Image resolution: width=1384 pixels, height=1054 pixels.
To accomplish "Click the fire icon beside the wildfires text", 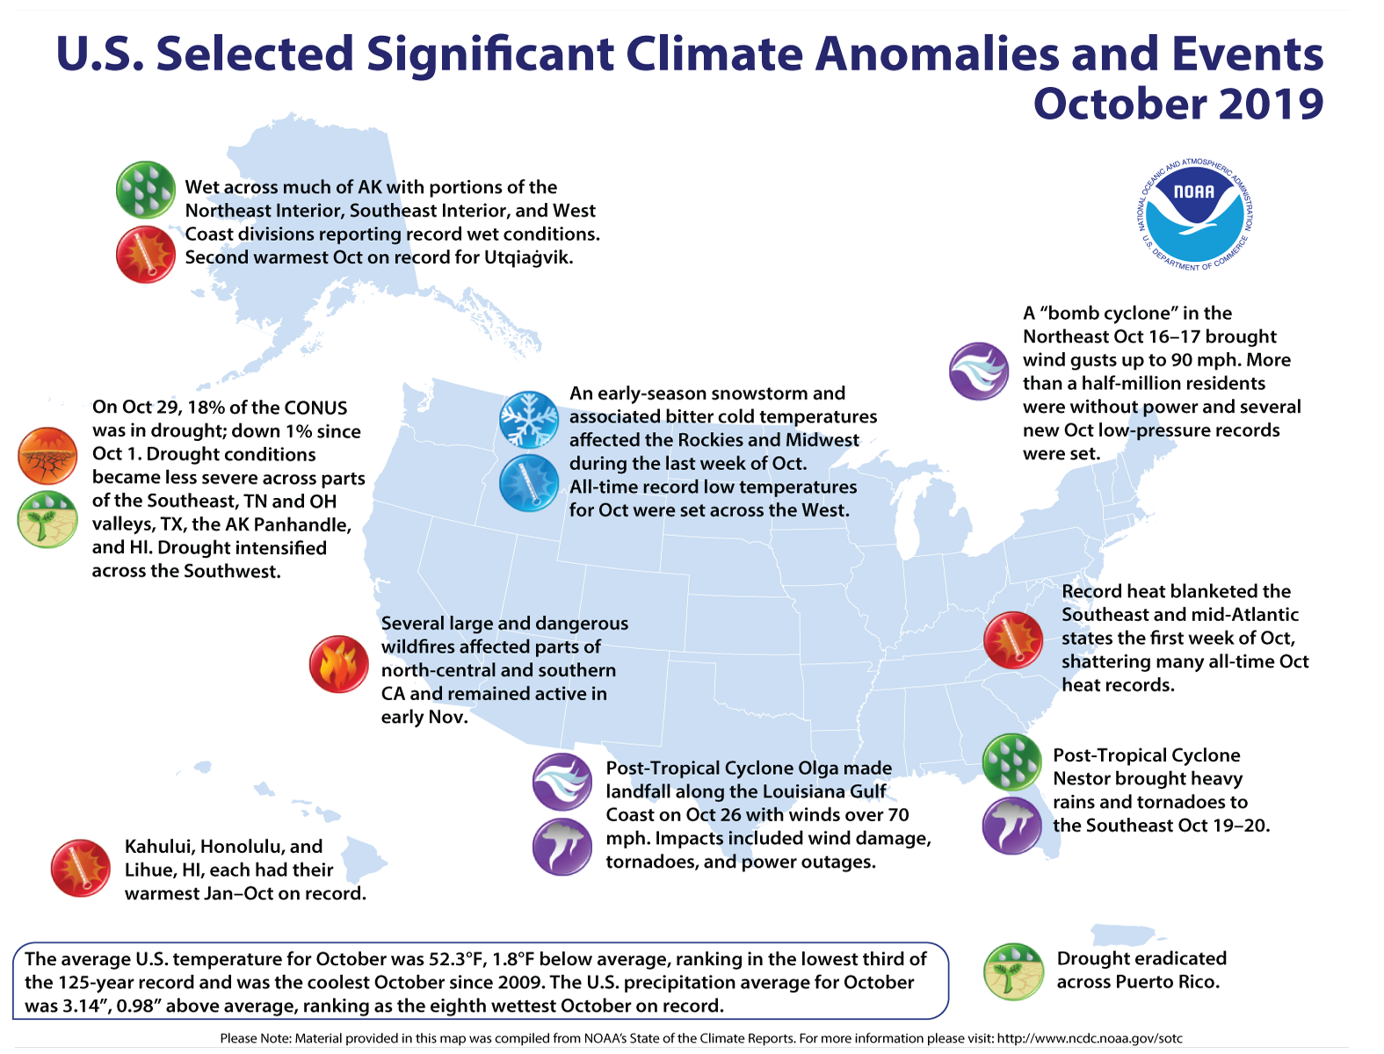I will pyautogui.click(x=338, y=665).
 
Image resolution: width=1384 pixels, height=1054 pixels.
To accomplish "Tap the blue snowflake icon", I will pyautogui.click(x=529, y=421).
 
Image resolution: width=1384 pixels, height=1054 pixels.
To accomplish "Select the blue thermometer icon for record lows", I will pyautogui.click(x=529, y=483).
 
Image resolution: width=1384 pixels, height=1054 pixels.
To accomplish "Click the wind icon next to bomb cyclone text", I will pyautogui.click(x=978, y=372).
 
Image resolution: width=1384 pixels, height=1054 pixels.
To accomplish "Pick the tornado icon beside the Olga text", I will pyautogui.click(x=562, y=846).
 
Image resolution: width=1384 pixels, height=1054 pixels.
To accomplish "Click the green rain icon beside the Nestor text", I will pyautogui.click(x=1011, y=762).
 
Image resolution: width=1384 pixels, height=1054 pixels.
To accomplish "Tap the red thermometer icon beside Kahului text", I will pyautogui.click(x=80, y=869).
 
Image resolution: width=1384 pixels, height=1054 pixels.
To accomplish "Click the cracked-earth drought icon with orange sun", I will pyautogui.click(x=47, y=456).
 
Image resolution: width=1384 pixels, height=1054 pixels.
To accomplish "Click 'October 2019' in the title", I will pyautogui.click(x=1177, y=105).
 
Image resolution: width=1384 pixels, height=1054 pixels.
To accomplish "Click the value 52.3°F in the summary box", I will pyautogui.click(x=481, y=959).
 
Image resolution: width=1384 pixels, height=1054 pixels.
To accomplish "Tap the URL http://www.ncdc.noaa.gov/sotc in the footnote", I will pyautogui.click(x=1089, y=1038).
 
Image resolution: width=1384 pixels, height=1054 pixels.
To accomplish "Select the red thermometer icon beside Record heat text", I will pyautogui.click(x=1012, y=640).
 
